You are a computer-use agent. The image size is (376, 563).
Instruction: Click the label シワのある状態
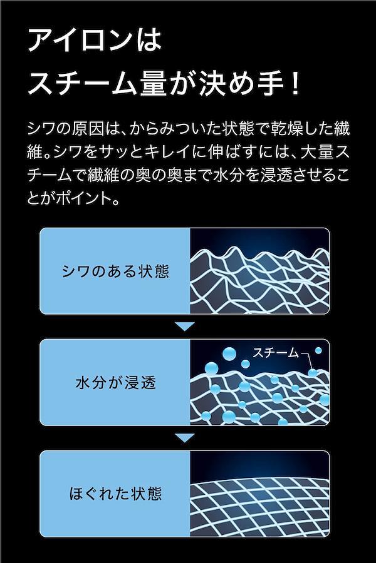click(x=115, y=271)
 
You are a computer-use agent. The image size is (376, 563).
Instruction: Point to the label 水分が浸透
click(x=115, y=383)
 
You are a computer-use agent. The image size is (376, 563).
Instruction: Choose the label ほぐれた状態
click(x=115, y=494)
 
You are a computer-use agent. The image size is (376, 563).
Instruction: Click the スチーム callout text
click(x=275, y=353)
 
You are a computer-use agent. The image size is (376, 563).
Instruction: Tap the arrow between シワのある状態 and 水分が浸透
click(x=185, y=327)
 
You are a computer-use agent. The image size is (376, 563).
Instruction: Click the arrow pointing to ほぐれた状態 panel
click(x=185, y=438)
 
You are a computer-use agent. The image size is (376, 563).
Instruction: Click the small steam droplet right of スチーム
click(x=318, y=350)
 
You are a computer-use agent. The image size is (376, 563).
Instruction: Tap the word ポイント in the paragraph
click(x=87, y=198)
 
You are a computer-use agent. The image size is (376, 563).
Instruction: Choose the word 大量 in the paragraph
click(x=318, y=153)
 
